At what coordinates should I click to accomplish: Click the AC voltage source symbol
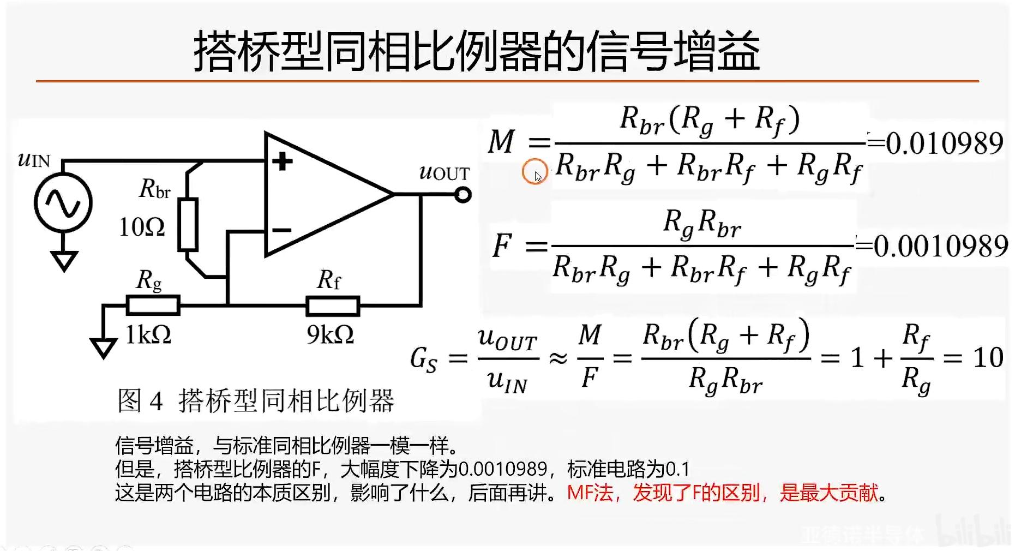point(63,203)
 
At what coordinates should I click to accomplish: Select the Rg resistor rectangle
point(153,306)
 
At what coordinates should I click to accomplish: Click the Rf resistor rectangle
point(333,306)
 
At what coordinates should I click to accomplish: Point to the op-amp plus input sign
point(282,161)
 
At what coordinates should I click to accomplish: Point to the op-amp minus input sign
point(281,230)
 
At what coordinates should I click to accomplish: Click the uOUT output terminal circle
point(463,195)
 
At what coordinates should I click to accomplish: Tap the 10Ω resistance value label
point(142,227)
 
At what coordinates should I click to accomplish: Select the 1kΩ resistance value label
point(148,334)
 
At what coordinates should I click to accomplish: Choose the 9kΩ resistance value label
point(330,334)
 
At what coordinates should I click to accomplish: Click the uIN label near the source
point(34,159)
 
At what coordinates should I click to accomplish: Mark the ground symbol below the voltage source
point(64,260)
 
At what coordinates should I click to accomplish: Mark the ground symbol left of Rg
point(103,348)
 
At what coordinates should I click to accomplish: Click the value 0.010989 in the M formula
point(944,143)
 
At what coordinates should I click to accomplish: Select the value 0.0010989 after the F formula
point(941,246)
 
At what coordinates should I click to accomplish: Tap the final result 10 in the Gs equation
point(988,358)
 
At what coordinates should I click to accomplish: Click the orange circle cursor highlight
point(534,172)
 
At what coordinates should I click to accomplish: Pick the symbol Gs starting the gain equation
point(424,360)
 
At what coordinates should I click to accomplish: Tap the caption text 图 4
point(140,401)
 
